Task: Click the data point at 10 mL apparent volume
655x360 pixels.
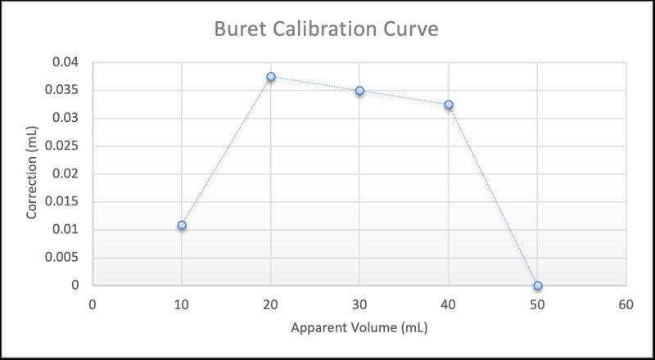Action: [x=182, y=225]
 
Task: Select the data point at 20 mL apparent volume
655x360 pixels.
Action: [x=271, y=77]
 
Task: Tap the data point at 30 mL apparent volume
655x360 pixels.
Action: [x=359, y=91]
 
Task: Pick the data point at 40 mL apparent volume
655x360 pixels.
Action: [x=449, y=105]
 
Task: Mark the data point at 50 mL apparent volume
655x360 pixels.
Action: [x=538, y=286]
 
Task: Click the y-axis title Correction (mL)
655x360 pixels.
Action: [x=33, y=173]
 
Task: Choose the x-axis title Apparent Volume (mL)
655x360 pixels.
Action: [x=359, y=329]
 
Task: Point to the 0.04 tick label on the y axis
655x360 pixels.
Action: [x=65, y=62]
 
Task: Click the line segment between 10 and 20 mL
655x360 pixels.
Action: [x=226, y=151]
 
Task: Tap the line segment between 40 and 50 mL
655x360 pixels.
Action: [x=493, y=195]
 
